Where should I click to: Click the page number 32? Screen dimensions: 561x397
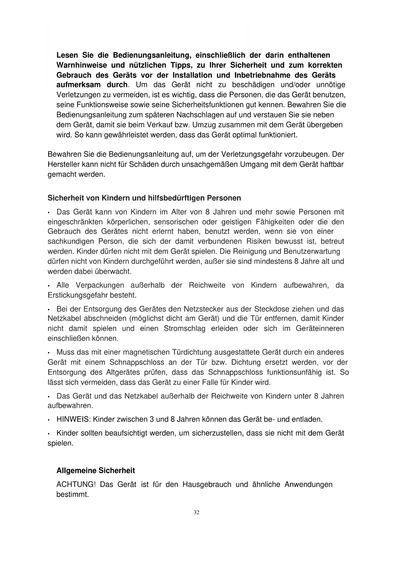197,512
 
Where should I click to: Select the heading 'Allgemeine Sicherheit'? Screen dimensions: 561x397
95,470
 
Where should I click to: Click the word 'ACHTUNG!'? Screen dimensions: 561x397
76,484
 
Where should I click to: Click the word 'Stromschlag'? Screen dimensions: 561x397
185,328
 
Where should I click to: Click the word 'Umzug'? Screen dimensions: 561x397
203,125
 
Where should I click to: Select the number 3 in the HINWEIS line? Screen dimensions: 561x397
152,419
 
